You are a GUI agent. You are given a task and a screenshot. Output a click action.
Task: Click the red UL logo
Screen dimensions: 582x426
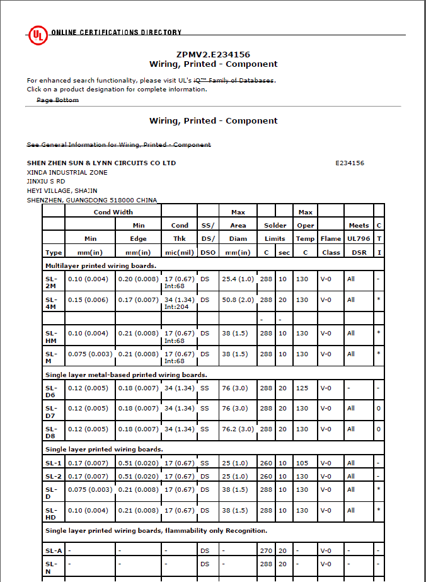37,35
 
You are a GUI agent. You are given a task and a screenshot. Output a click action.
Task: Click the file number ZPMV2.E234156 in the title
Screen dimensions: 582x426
213,55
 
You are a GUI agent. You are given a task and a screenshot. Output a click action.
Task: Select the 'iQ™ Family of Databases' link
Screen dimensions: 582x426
238,81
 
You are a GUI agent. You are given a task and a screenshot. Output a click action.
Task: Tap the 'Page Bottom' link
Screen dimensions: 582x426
57,100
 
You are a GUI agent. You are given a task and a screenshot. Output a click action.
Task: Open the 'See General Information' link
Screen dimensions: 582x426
118,145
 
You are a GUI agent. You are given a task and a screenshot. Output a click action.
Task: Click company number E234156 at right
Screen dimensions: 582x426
350,163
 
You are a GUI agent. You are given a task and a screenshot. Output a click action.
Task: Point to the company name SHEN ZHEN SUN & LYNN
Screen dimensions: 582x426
101,163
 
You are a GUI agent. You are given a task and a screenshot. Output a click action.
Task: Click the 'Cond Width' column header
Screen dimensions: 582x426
113,212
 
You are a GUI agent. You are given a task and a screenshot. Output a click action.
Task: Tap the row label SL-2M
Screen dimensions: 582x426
52,282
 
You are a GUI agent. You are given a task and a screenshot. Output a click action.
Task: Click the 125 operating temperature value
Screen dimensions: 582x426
302,388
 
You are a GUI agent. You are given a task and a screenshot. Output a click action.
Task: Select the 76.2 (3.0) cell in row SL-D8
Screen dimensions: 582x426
238,429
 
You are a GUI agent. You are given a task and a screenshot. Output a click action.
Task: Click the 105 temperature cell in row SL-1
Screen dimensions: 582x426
302,463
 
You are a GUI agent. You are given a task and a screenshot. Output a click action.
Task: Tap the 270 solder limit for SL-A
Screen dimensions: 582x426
266,550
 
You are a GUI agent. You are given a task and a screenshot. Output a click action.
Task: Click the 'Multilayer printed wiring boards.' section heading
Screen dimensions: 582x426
92,266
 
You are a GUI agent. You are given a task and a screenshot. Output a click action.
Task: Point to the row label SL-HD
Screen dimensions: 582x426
52,514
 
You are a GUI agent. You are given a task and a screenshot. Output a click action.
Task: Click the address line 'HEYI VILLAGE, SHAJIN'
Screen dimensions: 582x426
62,190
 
